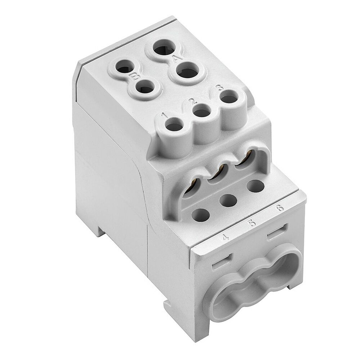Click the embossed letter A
tap(176, 58)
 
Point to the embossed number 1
tap(164, 116)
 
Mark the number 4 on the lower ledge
tap(226, 237)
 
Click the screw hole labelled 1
tap(175, 126)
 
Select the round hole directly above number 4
tap(201, 215)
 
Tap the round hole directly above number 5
tap(228, 200)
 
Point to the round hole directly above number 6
tap(256, 185)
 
